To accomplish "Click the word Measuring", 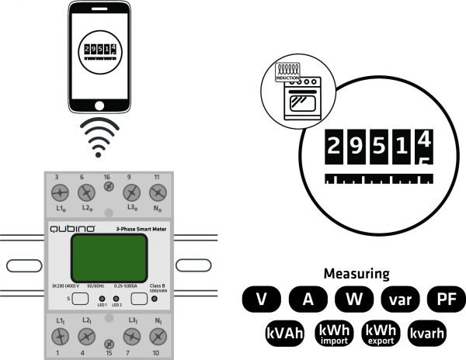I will pyautogui.click(x=356, y=274).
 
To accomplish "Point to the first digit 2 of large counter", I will pyautogui.click(x=333, y=147).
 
